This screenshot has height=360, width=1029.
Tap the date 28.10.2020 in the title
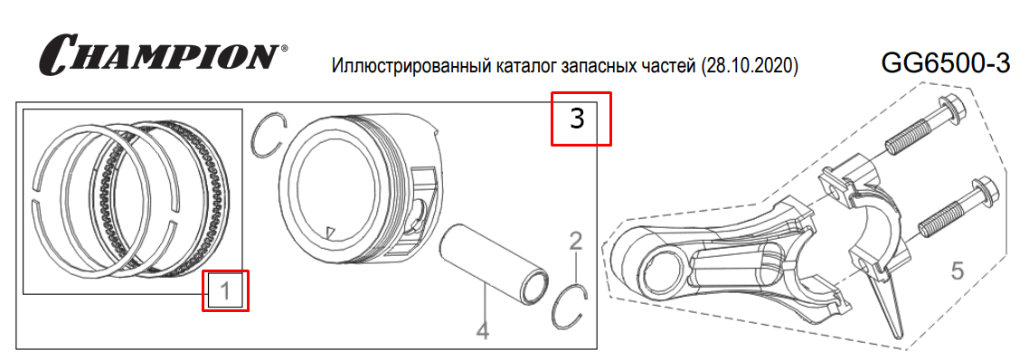tap(750, 66)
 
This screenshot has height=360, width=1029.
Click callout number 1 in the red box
tap(224, 290)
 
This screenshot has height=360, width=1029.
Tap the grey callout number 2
tap(575, 242)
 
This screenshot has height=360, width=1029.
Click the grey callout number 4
tap(482, 330)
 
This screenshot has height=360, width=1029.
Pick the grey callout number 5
tap(958, 270)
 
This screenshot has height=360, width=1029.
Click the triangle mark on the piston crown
tap(332, 232)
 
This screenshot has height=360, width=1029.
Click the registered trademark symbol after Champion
tap(284, 49)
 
